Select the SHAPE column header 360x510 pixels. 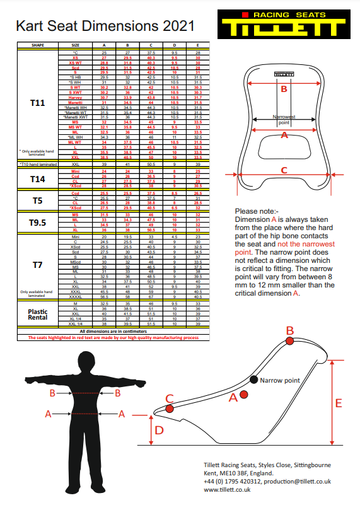[37, 45]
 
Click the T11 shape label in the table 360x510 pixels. [37, 101]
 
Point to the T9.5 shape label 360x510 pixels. [37, 222]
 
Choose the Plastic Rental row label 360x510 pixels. [37, 314]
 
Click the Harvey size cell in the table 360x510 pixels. [76, 98]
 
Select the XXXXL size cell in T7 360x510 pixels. [76, 297]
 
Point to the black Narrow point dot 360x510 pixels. [253, 380]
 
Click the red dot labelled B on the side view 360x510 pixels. [289, 341]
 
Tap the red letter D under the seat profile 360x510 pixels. [160, 430]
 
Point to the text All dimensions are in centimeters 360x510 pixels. [113, 331]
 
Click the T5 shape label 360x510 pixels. [37, 201]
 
